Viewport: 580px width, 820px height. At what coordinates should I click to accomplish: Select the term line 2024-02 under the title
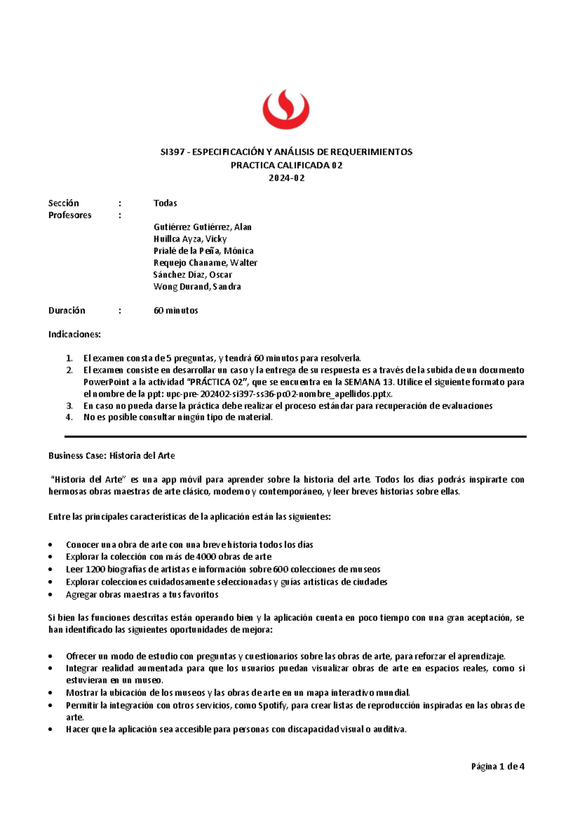point(287,178)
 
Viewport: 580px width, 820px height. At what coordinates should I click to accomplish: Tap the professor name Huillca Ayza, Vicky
point(190,239)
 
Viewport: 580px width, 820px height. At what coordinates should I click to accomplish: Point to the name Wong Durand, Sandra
point(197,287)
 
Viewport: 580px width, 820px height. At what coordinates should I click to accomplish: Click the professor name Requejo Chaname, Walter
point(205,263)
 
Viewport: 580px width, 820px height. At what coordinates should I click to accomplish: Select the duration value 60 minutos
point(176,310)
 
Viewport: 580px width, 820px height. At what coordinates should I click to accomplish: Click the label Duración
point(67,310)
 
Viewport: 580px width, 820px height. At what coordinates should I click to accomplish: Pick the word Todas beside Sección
point(165,203)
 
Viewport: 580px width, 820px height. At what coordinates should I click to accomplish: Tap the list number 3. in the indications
point(70,406)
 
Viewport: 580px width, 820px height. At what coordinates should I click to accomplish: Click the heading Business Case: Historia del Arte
point(112,455)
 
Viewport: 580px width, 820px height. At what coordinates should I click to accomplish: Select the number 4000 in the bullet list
point(207,557)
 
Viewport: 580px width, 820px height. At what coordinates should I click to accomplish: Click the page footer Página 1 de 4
point(498,766)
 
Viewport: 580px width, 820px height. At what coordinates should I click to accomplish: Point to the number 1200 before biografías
point(75,570)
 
